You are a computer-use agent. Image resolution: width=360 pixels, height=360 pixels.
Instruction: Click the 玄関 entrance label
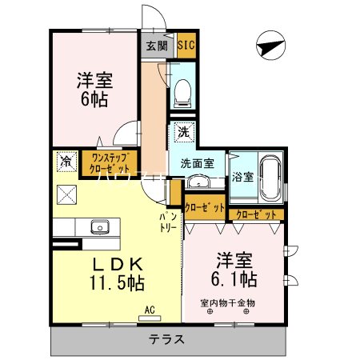156,46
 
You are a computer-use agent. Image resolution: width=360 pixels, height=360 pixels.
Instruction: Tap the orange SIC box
185,46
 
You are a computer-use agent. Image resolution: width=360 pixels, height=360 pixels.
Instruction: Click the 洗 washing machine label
183,130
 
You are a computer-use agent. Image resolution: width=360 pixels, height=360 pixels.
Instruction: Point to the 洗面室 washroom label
196,163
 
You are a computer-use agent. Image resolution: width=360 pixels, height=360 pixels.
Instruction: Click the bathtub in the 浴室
269,178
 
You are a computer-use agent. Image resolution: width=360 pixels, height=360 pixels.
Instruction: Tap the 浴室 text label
243,177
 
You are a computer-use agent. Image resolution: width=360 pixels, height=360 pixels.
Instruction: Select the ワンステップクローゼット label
110,164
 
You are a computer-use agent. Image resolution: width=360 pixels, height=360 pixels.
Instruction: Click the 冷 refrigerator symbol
65,162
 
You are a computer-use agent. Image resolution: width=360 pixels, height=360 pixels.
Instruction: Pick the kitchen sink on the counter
100,226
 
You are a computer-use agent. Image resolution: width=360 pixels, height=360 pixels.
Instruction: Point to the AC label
150,308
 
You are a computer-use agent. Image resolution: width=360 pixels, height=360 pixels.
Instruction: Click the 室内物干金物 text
228,303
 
